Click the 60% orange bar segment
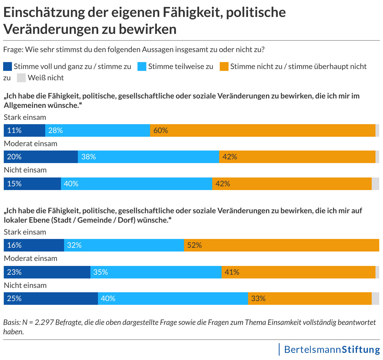[262, 130]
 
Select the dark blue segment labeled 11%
[24, 130]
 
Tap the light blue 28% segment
[97, 130]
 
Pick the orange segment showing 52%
[281, 245]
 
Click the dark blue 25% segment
[51, 299]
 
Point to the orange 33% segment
[310, 299]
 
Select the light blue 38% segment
[148, 157]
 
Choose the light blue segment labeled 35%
[156, 272]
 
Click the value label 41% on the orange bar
[232, 272]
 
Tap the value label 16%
[14, 245]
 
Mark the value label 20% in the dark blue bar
[14, 157]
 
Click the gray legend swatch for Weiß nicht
[21, 78]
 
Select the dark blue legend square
[8, 66]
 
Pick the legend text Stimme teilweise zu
[181, 66]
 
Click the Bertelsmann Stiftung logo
[332, 349]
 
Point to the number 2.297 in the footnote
[44, 322]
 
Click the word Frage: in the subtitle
[13, 50]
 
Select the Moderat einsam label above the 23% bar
[30, 258]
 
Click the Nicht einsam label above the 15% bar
[25, 170]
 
